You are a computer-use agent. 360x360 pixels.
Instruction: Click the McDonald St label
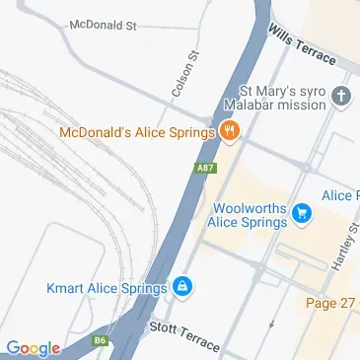[x=102, y=24]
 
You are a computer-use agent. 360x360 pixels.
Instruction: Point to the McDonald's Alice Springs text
[x=137, y=131]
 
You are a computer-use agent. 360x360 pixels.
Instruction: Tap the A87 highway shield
[x=205, y=168]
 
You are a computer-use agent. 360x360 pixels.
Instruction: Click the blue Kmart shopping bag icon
[x=181, y=287]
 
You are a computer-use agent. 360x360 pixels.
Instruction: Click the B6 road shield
[x=100, y=340]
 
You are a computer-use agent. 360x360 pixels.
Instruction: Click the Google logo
[x=33, y=347]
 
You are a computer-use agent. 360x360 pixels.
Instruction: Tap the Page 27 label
[x=329, y=302]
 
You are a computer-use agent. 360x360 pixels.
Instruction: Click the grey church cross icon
[x=341, y=97]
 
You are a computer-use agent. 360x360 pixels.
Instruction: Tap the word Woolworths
[x=251, y=208]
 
